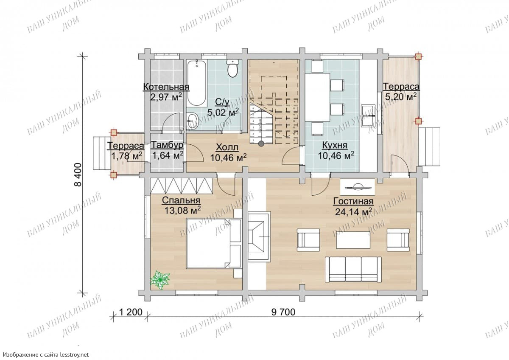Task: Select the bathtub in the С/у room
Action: point(197,83)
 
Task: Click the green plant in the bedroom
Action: point(160,280)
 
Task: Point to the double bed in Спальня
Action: point(214,243)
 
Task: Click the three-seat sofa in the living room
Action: point(353,269)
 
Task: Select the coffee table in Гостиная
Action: point(353,240)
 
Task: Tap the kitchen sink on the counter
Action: point(368,115)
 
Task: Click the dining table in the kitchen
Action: point(318,98)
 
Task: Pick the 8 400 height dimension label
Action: point(78,174)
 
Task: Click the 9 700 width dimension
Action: point(283,312)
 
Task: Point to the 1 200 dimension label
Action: point(131,312)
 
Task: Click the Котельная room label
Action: point(166,87)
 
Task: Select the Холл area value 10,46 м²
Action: point(228,157)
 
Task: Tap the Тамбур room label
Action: point(167,145)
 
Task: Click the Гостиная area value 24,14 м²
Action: point(353,212)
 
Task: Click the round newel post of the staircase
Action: point(261,143)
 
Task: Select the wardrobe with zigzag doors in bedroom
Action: point(182,186)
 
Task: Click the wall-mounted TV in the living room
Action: point(358,187)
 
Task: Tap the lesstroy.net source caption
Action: point(46,354)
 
